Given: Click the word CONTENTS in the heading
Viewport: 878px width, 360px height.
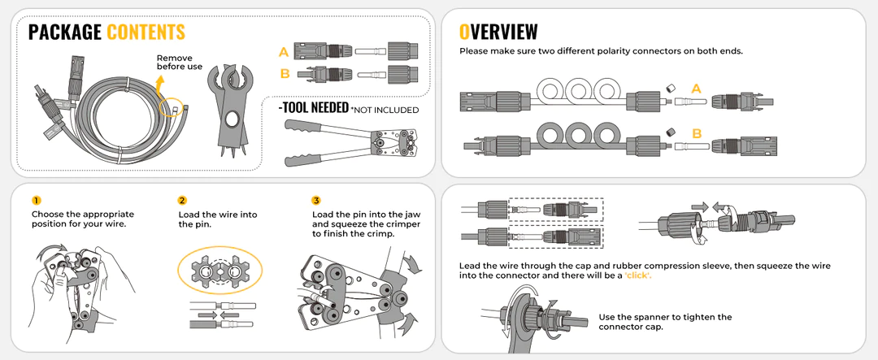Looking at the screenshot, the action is (x=146, y=33).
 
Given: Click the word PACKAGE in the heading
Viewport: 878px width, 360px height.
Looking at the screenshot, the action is (x=64, y=33).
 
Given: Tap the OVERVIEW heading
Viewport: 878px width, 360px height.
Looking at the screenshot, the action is (x=498, y=32).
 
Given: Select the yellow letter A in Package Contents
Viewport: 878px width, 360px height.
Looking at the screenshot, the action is (x=284, y=53).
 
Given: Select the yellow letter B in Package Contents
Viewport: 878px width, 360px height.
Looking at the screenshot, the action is (x=285, y=73).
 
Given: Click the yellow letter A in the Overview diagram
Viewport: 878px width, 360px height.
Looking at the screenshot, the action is (x=696, y=89).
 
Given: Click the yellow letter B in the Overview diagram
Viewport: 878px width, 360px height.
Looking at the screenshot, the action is (x=697, y=133).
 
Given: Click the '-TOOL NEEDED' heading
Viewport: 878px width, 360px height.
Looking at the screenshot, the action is (x=314, y=107).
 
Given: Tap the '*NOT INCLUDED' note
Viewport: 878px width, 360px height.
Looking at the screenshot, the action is (x=385, y=110).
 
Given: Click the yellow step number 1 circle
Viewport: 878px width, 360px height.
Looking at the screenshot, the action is (x=37, y=201).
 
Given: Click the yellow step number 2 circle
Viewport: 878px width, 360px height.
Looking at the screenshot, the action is (x=183, y=201).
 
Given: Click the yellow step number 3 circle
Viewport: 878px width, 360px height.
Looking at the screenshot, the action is (x=316, y=201).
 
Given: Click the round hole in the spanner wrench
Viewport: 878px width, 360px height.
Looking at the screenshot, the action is (x=231, y=119).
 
